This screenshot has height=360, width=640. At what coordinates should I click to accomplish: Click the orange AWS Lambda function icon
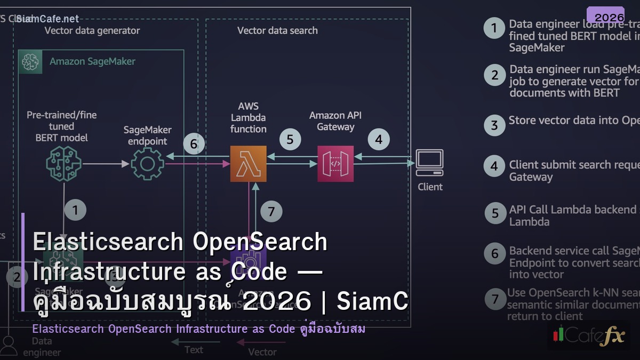pos(249,164)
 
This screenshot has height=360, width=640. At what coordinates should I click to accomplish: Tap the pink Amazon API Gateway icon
pos(335,164)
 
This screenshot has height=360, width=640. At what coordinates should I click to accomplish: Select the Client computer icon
pos(430,163)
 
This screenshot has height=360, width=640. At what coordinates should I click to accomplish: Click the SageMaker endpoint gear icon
pos(148,164)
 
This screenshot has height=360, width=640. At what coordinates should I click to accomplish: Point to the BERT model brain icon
pos(63,164)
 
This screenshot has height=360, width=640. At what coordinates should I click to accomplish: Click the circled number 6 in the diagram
pos(194,144)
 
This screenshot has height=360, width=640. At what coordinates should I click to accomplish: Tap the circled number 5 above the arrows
pos(290,140)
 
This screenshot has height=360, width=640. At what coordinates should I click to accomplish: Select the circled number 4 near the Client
pos(379,140)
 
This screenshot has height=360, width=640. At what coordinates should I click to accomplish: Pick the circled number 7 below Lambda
pos(271,211)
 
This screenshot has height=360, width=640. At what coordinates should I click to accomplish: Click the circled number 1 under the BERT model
pos(75,210)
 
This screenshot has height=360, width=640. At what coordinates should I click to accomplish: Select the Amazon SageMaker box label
pos(92,61)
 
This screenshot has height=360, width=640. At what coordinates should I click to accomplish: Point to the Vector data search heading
pos(277,30)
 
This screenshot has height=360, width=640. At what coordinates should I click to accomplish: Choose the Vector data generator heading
pos(92,30)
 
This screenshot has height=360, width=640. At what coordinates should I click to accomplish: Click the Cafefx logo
pos(588,335)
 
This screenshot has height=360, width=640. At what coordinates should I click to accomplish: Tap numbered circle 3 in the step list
pos(494,125)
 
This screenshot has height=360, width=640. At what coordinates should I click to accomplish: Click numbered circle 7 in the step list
pos(495,299)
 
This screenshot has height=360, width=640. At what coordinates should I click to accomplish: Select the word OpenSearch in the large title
pos(260,242)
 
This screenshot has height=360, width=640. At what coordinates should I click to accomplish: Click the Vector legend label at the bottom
pos(262,352)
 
